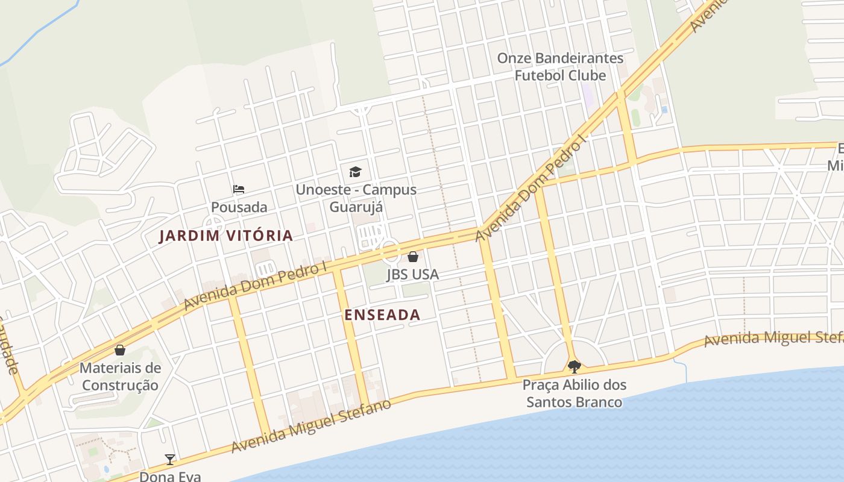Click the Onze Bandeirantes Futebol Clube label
click(x=560, y=67)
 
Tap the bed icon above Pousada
click(x=239, y=189)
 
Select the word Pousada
click(x=239, y=207)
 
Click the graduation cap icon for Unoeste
click(x=355, y=172)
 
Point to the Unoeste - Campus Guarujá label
click(x=356, y=198)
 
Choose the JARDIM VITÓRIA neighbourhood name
click(x=225, y=236)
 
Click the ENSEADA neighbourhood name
click(x=382, y=315)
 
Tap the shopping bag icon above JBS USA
click(x=413, y=257)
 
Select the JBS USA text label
click(x=413, y=275)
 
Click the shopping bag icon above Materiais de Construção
click(x=120, y=350)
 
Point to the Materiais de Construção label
click(x=120, y=377)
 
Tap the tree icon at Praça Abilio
click(x=574, y=366)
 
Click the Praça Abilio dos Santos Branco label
click(x=574, y=393)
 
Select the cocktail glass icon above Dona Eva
click(x=170, y=460)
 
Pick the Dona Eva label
click(x=170, y=476)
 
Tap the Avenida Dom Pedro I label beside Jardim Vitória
click(x=256, y=286)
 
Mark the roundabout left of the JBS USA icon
click(x=389, y=249)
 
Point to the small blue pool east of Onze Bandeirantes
click(x=664, y=110)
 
